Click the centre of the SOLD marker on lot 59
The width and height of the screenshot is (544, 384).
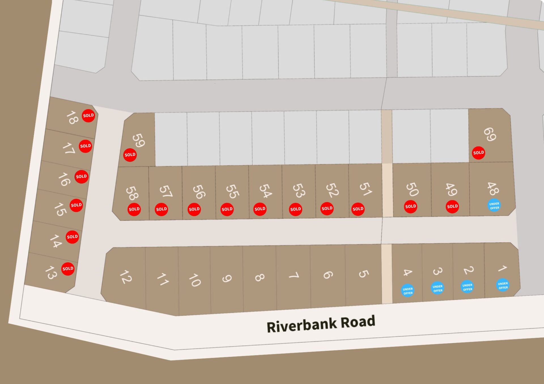click(130, 155)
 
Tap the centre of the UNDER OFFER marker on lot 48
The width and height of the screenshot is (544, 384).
click(494, 205)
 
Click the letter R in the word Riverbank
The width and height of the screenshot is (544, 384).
click(271, 327)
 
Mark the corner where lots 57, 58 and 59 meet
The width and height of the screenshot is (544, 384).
click(149, 167)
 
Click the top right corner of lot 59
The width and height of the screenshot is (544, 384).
click(154, 113)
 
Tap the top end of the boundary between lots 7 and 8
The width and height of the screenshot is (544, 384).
click(276, 246)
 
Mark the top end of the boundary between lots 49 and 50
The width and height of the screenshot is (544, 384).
click(431, 163)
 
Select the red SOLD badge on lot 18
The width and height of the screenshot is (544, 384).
click(88, 116)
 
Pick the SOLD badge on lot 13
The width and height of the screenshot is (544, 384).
click(68, 269)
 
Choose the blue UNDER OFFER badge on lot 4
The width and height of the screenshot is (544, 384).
click(408, 291)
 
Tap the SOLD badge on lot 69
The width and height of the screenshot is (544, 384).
click(479, 153)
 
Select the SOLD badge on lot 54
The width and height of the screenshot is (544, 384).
click(260, 209)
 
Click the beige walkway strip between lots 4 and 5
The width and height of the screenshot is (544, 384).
click(387, 274)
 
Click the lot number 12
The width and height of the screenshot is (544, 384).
click(126, 277)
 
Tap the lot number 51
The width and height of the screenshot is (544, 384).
click(365, 189)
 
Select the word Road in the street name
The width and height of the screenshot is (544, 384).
click(358, 322)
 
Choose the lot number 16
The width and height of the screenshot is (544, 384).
click(64, 179)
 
